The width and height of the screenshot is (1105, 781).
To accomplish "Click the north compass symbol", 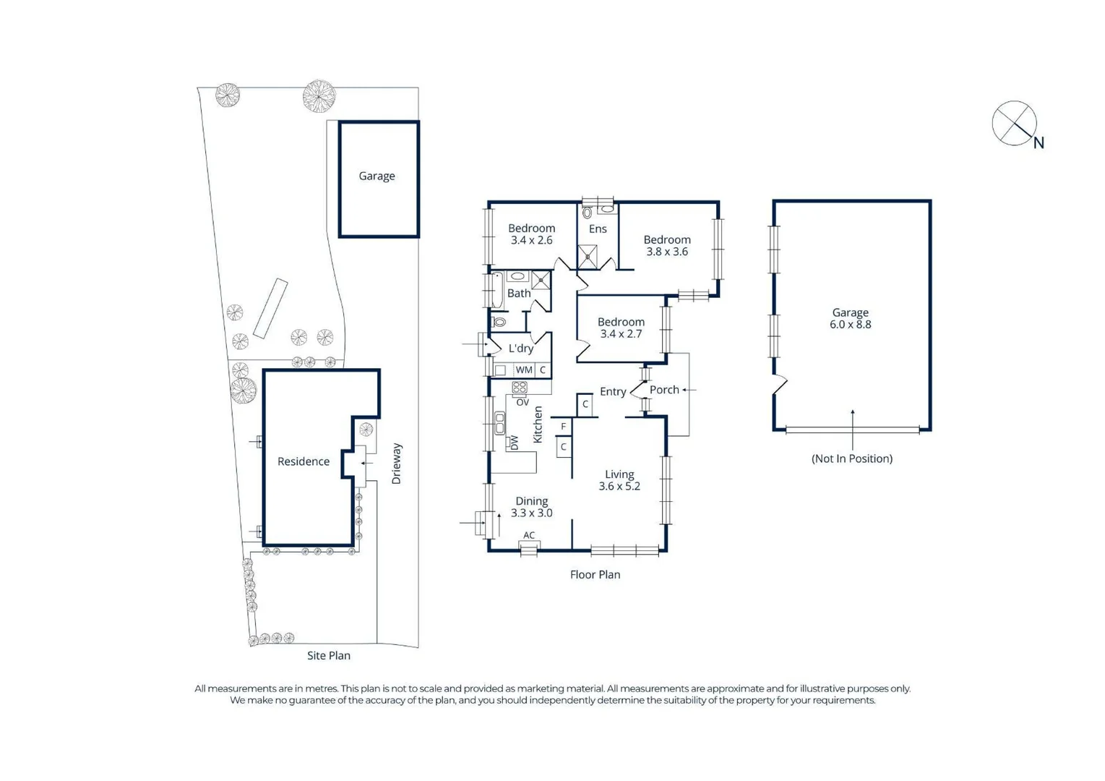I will [x=1014, y=124].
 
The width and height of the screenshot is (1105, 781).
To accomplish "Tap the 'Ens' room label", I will [x=598, y=229].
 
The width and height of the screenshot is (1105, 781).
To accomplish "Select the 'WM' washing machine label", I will [x=524, y=370].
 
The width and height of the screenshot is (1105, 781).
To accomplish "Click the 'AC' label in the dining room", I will [x=529, y=536].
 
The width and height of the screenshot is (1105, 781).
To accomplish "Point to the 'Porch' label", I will [x=664, y=390].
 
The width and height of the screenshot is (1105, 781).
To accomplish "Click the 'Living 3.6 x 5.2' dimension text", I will [x=619, y=481].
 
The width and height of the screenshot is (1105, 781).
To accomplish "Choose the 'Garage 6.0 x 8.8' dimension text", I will [x=851, y=319].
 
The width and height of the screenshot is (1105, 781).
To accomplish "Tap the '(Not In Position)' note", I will [x=852, y=458].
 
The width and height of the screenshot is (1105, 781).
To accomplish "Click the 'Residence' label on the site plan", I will [x=304, y=461].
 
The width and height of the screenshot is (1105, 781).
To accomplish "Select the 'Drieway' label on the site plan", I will [x=396, y=464].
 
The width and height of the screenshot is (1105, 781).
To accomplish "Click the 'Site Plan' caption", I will [x=329, y=655].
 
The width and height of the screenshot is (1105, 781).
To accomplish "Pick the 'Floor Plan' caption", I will [x=595, y=575].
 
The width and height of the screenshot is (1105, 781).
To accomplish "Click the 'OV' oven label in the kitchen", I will [x=522, y=402].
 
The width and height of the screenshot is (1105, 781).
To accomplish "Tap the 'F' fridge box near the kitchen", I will [x=564, y=427].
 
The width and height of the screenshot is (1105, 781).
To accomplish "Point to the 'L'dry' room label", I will [x=521, y=349].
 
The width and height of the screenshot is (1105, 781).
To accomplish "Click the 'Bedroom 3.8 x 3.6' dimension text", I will [x=667, y=246].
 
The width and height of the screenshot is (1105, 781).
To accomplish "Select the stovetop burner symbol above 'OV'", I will [x=520, y=388].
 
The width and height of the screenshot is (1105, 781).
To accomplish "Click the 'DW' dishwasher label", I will [x=515, y=443].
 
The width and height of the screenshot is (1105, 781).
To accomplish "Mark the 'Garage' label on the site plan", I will [x=377, y=176].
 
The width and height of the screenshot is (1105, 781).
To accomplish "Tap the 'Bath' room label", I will [x=519, y=294].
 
